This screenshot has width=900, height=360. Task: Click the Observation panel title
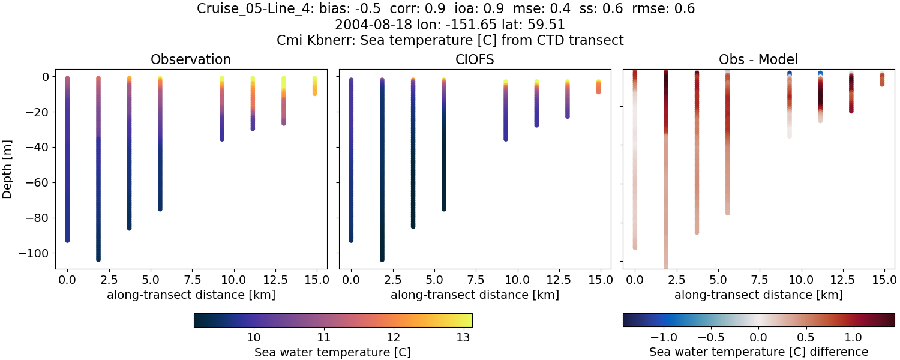click(x=191, y=59)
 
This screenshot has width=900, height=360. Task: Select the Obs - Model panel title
click(x=758, y=59)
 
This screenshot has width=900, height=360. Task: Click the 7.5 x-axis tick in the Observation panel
click(x=191, y=280)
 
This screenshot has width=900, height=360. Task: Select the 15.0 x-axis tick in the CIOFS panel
click(x=599, y=280)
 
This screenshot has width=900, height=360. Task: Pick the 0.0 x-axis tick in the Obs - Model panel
click(x=635, y=280)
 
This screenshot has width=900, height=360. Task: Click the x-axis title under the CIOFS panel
click(x=475, y=295)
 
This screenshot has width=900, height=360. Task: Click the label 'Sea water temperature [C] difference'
click(x=758, y=352)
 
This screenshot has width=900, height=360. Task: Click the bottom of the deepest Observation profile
click(x=98, y=259)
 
